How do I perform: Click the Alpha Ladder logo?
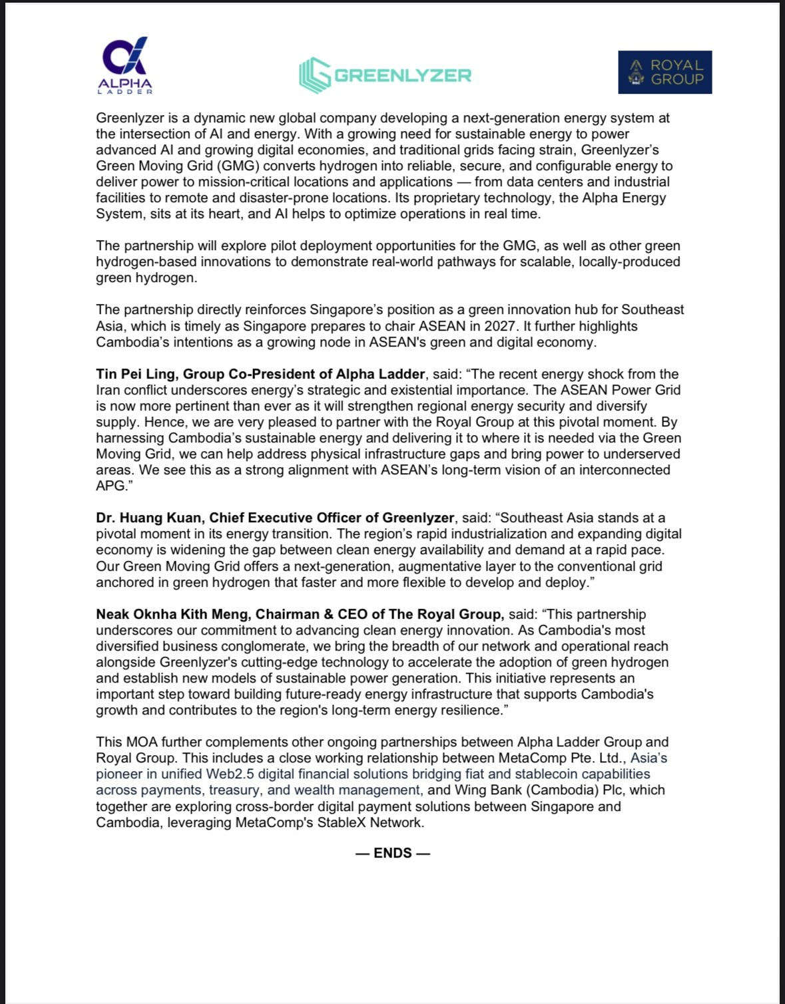(125, 65)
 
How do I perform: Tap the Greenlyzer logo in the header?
(385, 75)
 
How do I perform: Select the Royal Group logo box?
(664, 72)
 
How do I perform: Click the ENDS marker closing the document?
(393, 853)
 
